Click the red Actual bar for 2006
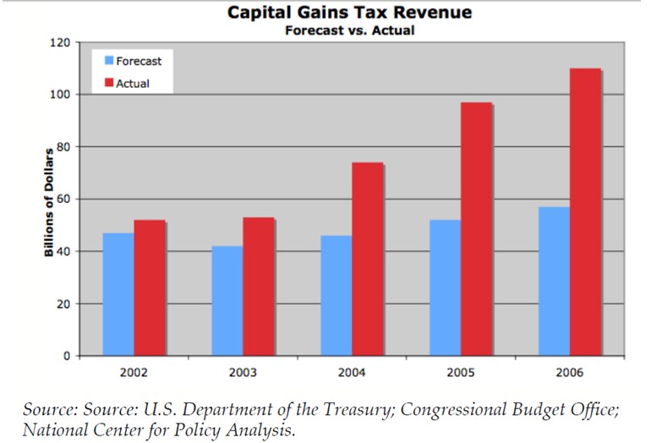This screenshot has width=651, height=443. click(x=585, y=211)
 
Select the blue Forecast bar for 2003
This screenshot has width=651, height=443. click(x=227, y=300)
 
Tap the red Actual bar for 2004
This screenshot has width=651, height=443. click(x=367, y=259)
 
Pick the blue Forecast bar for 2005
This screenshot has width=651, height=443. click(x=445, y=287)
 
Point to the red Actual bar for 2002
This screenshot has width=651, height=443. click(x=149, y=287)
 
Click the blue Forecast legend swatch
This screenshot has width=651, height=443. click(x=109, y=61)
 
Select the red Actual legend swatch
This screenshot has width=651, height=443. click(x=109, y=83)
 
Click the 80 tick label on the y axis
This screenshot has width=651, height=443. click(x=65, y=147)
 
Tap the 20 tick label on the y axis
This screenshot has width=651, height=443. click(x=65, y=304)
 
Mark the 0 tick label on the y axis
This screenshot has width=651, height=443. click(x=68, y=356)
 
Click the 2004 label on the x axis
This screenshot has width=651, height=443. click(x=352, y=373)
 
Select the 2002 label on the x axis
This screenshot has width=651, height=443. click(x=134, y=373)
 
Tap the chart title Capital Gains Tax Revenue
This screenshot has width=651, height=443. click(x=350, y=13)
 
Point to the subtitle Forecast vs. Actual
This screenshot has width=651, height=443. click(x=350, y=30)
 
